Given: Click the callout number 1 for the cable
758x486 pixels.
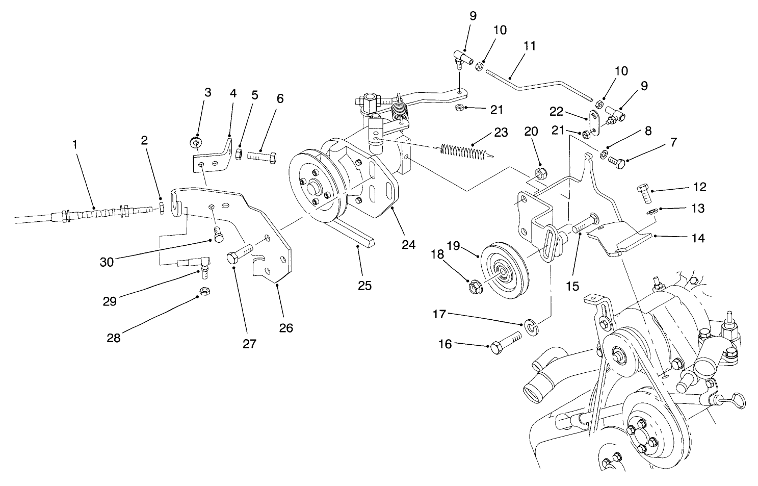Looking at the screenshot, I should pos(75,144).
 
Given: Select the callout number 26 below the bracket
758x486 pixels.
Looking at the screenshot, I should pos(286,328).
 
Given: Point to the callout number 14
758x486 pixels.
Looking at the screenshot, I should pos(698,238).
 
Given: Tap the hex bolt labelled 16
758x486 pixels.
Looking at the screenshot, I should pos(505,342).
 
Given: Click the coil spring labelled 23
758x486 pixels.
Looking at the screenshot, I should pos(464,150).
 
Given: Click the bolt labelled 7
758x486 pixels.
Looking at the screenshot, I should pos(616,163).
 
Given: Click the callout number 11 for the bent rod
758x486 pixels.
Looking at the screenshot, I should pos(530,45).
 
